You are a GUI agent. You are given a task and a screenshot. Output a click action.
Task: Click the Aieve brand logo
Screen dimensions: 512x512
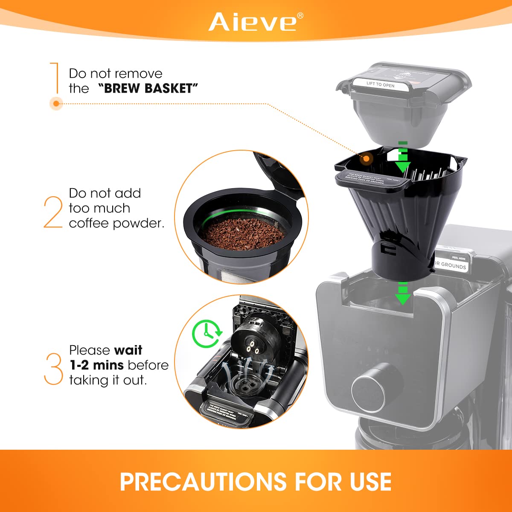click(x=253, y=22)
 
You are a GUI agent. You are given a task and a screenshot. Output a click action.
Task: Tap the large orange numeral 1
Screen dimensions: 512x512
click(x=55, y=78)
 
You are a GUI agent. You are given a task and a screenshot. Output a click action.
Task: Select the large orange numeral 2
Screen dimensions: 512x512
click(x=53, y=212)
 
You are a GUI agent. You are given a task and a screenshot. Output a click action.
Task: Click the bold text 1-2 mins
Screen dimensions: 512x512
click(x=97, y=365)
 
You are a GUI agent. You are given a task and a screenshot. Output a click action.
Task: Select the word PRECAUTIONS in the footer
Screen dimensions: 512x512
click(x=203, y=482)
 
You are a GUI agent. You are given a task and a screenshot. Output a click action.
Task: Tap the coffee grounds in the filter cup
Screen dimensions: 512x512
click(x=242, y=233)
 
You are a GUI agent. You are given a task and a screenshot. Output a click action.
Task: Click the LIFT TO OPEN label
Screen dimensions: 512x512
click(x=381, y=84)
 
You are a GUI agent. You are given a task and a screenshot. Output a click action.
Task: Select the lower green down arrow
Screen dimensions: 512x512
click(x=402, y=294)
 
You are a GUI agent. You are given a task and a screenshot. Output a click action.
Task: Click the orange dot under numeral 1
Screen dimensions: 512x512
click(x=56, y=103)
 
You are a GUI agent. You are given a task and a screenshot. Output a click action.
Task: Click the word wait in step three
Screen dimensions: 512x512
click(x=128, y=350)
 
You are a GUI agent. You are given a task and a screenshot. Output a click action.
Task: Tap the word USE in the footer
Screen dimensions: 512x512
click(x=370, y=482)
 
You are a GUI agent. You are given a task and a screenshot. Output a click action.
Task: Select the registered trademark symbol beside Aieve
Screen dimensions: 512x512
click(x=300, y=16)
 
